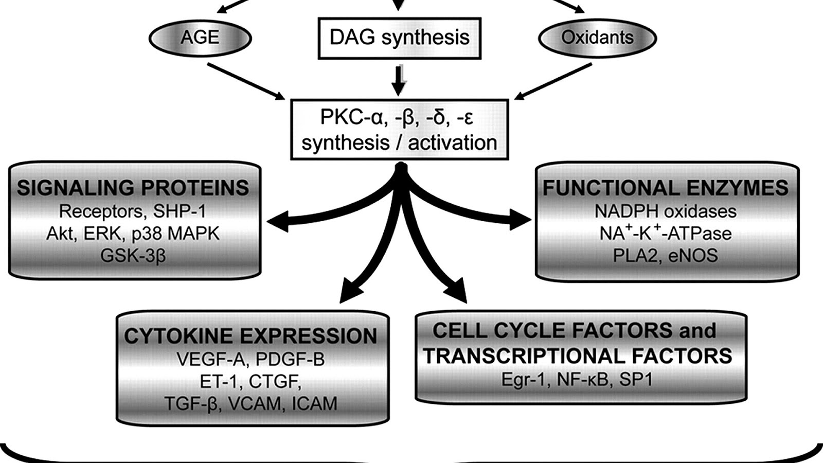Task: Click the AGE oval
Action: coord(200,38)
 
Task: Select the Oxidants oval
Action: coord(597,38)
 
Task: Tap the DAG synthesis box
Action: coord(400,38)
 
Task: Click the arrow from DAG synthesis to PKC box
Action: coord(399,80)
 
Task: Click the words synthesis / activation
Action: coord(400,143)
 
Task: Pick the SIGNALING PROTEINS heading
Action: coord(133,188)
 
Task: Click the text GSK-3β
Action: coord(133,256)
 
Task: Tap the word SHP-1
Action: coord(180,211)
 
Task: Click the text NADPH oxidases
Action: coord(665,211)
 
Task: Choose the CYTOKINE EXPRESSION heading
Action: coord(251,336)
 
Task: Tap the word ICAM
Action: coord(314,404)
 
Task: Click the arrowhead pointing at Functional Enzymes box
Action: coord(522,220)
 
